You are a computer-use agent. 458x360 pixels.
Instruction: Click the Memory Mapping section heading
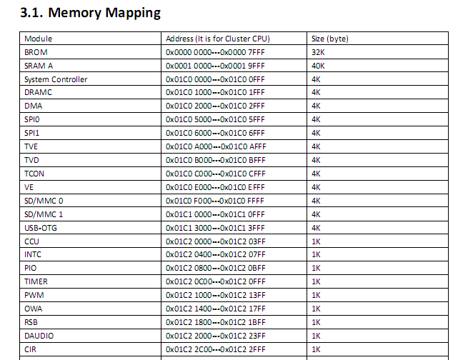tap(90, 13)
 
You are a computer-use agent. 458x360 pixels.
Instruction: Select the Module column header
tap(39, 39)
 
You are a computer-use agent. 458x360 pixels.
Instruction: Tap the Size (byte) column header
tap(330, 39)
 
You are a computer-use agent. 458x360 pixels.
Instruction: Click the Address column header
tap(218, 39)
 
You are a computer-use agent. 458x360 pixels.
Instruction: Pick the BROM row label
tap(36, 52)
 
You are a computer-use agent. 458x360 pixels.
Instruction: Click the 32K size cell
tap(318, 52)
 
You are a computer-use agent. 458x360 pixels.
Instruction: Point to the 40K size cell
tap(318, 66)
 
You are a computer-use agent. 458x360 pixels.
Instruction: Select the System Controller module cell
tap(56, 79)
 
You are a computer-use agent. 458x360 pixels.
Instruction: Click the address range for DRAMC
tap(215, 92)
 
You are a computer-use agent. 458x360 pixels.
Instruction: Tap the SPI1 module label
tap(32, 133)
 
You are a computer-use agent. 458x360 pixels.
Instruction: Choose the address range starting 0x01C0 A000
tap(216, 146)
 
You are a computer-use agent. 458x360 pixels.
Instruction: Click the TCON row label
tap(34, 174)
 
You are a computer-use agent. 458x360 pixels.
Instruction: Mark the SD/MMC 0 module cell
tap(44, 201)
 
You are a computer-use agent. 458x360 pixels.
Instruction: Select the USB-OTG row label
tap(41, 228)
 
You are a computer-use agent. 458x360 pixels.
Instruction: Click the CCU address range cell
tap(215, 241)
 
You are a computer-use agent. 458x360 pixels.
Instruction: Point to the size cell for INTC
tap(316, 254)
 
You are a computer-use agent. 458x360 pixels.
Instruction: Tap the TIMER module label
tap(36, 281)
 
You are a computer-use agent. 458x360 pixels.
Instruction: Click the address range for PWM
tap(215, 295)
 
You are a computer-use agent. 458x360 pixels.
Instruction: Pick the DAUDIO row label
tap(39, 336)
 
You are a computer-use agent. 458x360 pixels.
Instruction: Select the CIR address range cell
tap(215, 349)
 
